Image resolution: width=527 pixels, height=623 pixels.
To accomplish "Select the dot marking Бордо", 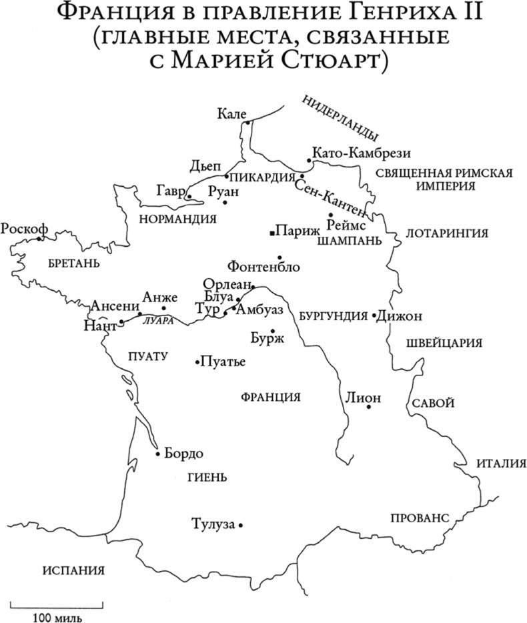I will (x=158, y=454).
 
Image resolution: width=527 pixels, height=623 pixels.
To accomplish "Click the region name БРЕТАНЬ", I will (x=73, y=263).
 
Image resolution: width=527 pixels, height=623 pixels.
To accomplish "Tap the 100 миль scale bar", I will (x=59, y=607).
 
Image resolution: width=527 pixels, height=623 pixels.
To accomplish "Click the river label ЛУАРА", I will (x=158, y=321).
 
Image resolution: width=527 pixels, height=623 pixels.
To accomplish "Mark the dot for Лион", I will (x=368, y=406).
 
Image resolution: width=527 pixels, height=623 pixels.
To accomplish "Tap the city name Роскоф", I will (x=24, y=228).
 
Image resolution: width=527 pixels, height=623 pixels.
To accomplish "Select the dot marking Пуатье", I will (x=197, y=362).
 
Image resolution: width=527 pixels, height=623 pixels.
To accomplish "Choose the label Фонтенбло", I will (x=263, y=267).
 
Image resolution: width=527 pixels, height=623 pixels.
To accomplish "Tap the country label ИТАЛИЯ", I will (x=502, y=464).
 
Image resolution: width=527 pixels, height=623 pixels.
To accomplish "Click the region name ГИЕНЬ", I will (x=209, y=477).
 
